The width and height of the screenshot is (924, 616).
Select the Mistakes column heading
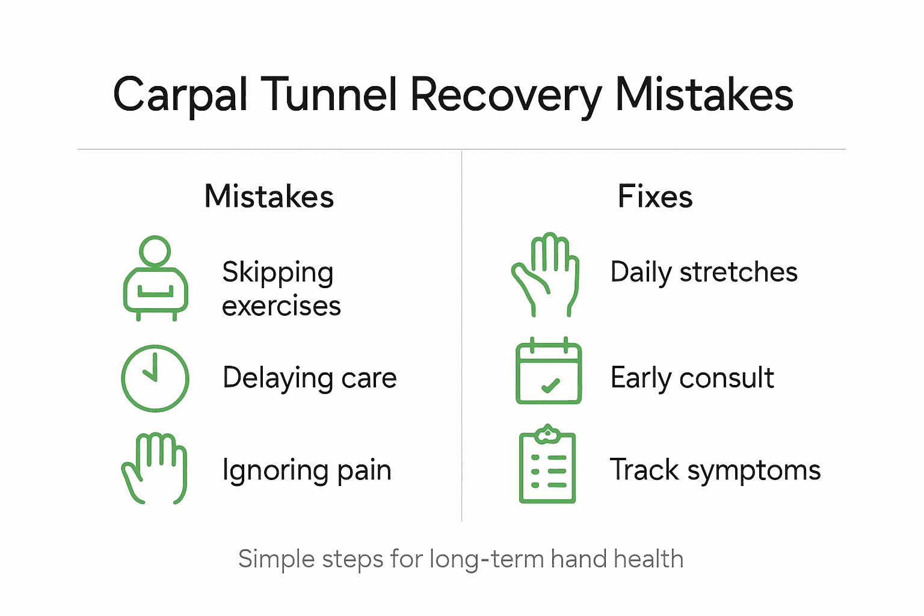269,197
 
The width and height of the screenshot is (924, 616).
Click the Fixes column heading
655,197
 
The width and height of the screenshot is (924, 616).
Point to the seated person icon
155,278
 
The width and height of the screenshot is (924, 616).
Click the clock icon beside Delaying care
155,378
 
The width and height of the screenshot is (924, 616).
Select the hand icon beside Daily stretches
546,274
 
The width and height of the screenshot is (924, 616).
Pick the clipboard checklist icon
547,464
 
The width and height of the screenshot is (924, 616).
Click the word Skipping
277,273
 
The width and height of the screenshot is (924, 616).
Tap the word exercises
281,306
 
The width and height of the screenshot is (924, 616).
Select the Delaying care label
309,378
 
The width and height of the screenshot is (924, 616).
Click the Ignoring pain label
307,470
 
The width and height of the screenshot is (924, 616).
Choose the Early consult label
692,378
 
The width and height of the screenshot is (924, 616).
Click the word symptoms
754,470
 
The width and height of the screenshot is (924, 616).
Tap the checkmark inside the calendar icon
550,386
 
